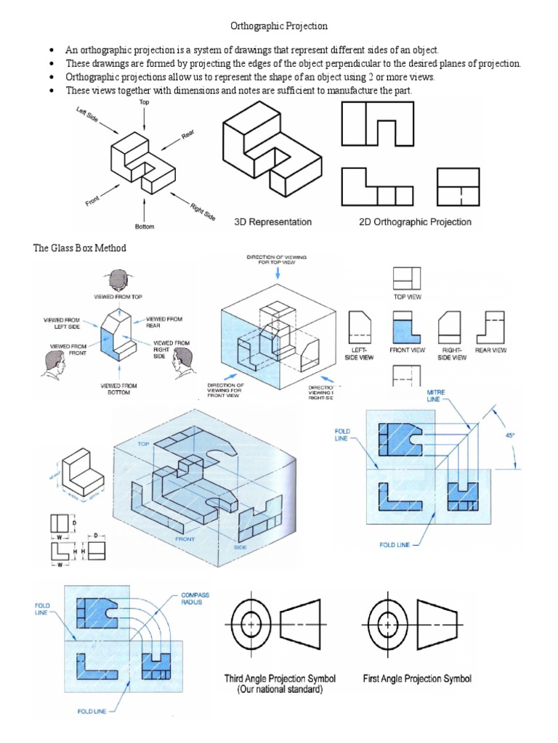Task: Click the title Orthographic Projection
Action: tap(279, 26)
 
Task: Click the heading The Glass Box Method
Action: tap(79, 248)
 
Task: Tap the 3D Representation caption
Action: tap(272, 221)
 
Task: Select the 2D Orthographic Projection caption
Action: tap(415, 221)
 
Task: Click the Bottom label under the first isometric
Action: tap(144, 226)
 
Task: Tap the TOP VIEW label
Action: tap(407, 297)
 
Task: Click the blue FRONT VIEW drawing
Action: tap(406, 327)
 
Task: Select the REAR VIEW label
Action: tap(491, 350)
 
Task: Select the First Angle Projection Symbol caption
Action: tap(417, 679)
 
